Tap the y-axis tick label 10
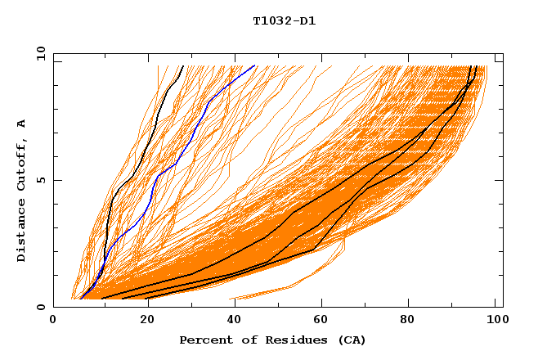(x=40, y=53)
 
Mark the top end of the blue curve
(x=254, y=66)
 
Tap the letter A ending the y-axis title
(x=21, y=124)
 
